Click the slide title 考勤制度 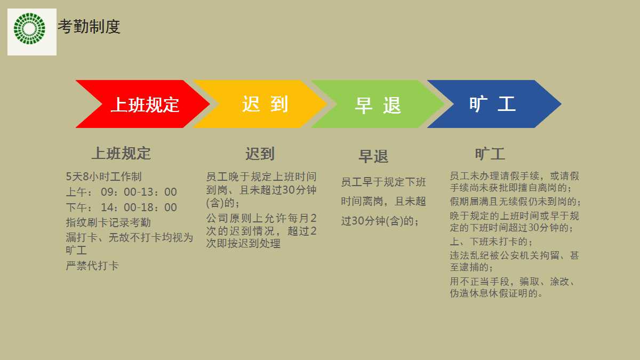click(x=89, y=27)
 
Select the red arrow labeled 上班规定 click(x=144, y=105)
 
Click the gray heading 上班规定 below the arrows click(x=121, y=154)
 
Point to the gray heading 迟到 click(x=260, y=154)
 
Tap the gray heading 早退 click(x=373, y=157)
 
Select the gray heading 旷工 click(x=490, y=154)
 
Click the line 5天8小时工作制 click(x=103, y=177)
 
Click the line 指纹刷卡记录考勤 click(x=108, y=222)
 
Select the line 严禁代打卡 click(x=92, y=266)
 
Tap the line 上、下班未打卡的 click(x=491, y=242)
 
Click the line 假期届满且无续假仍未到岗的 click(x=515, y=202)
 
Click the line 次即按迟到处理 click(x=243, y=244)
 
